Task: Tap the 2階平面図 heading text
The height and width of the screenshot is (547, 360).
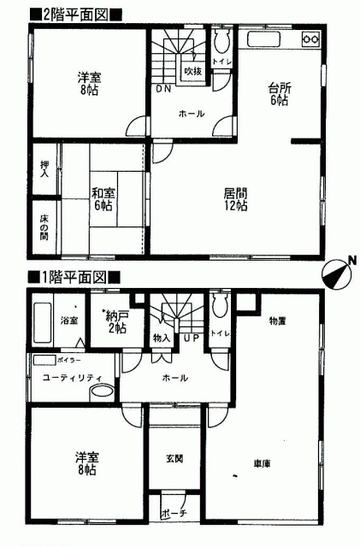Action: [x=75, y=15]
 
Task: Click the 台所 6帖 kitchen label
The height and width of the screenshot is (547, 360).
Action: [x=279, y=94]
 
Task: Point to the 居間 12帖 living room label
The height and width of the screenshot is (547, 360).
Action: [x=235, y=199]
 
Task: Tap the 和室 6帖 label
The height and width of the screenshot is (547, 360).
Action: [x=103, y=199]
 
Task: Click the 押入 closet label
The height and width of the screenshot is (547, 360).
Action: [x=44, y=169]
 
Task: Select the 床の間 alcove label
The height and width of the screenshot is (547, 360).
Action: [x=44, y=227]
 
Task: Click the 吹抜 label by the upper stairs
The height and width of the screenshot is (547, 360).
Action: [x=192, y=72]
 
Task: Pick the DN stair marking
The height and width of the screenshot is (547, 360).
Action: [x=163, y=89]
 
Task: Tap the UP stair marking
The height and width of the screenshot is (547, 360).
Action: [x=192, y=338]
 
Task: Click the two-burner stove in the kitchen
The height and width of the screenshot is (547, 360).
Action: [x=310, y=39]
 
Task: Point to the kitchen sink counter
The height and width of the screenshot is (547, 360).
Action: [x=263, y=39]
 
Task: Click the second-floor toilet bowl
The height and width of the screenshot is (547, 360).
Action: [x=221, y=41]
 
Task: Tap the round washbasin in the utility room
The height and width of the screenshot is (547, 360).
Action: [x=102, y=392]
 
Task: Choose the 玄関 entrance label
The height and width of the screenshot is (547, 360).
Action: [x=174, y=459]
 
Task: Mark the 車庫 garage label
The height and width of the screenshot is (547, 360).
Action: [x=262, y=463]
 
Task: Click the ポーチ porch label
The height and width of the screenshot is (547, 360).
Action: [x=174, y=513]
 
